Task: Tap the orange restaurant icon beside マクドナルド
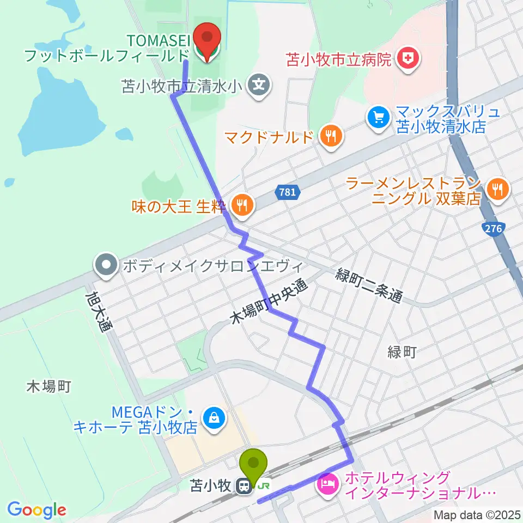click(x=330, y=134)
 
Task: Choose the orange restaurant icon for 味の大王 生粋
click(x=241, y=204)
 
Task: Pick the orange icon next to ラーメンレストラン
click(x=496, y=190)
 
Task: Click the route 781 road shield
click(x=286, y=192)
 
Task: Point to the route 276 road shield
click(x=493, y=229)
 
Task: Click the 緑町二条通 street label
click(x=369, y=287)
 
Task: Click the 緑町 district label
click(x=402, y=352)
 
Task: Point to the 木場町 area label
click(x=49, y=387)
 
